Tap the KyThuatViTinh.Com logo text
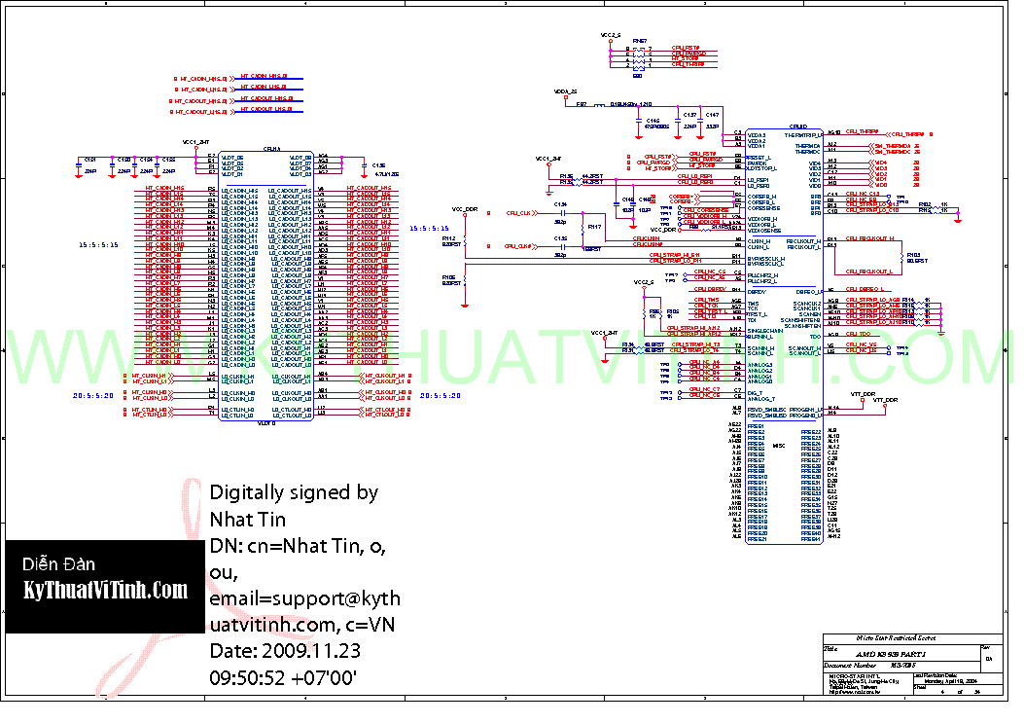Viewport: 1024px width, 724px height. pos(105,590)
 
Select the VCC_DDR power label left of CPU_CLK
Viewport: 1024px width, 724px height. pos(465,209)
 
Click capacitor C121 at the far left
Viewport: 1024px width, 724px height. pos(89,159)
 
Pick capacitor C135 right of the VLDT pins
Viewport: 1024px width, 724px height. pos(379,165)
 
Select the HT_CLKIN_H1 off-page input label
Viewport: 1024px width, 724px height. pos(153,375)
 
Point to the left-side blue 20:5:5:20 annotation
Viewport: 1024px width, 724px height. pos(93,396)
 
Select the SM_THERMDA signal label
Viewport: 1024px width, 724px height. pos(891,145)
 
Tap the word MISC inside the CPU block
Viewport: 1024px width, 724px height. pos(779,445)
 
